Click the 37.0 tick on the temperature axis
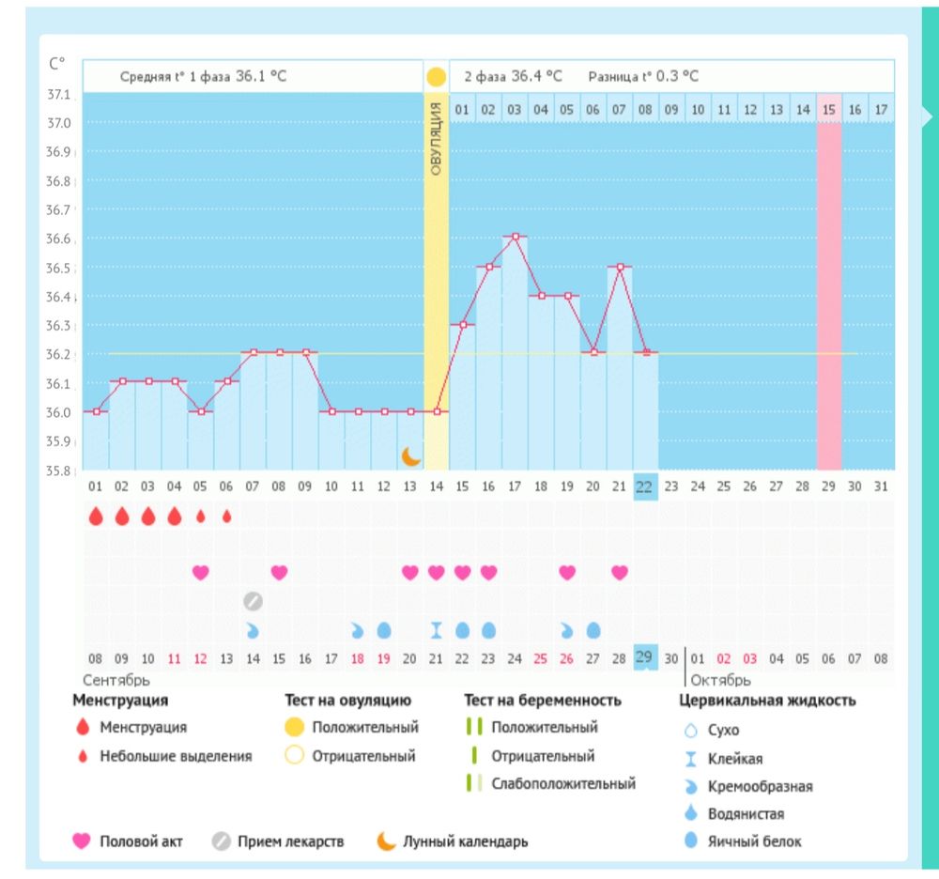59,123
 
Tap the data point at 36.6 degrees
515,237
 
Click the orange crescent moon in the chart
411,456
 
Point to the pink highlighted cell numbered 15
829,110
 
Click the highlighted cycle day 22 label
644,486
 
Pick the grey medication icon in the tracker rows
253,601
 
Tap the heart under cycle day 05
200,572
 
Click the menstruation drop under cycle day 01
96,516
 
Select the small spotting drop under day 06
226,516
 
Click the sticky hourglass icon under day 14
437,630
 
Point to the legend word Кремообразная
761,787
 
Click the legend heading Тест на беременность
542,701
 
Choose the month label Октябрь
720,680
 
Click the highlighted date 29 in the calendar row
644,657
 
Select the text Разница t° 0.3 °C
643,77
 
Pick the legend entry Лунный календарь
465,841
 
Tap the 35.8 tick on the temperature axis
59,470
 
